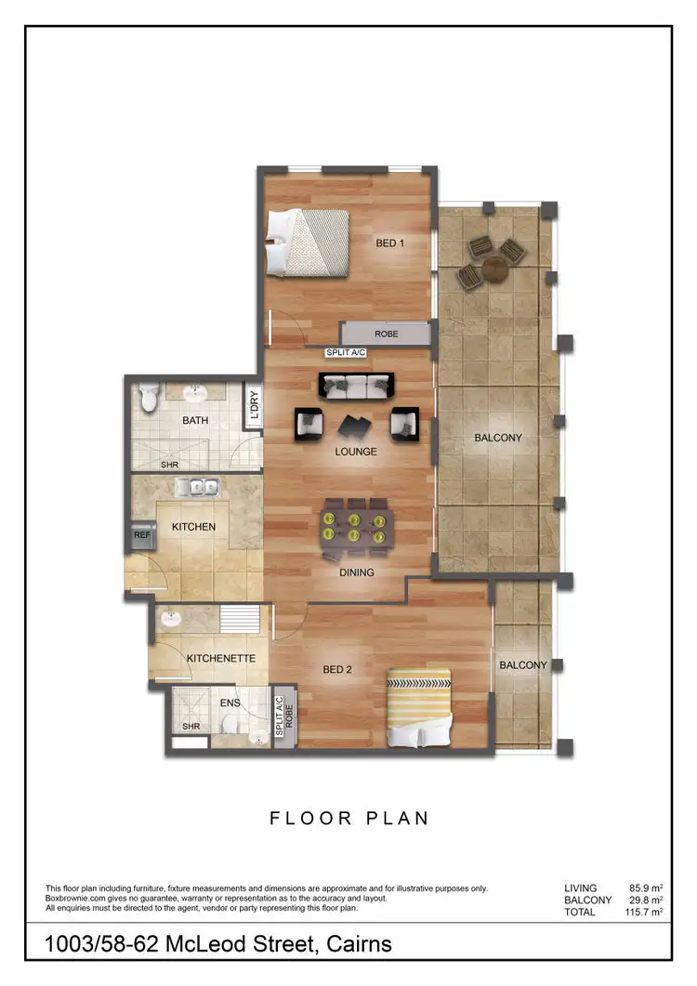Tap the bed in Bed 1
tap(307, 242)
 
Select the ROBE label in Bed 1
tap(387, 333)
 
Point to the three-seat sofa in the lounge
tap(356, 386)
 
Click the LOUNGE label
tap(356, 452)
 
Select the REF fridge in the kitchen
tap(142, 535)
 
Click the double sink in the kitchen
tap(197, 486)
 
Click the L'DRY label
tap(253, 406)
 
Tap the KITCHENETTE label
tap(221, 658)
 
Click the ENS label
tap(230, 703)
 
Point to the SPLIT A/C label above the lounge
tap(346, 353)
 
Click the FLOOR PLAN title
tap(349, 819)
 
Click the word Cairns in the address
tap(355, 945)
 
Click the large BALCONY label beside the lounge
tap(497, 437)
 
